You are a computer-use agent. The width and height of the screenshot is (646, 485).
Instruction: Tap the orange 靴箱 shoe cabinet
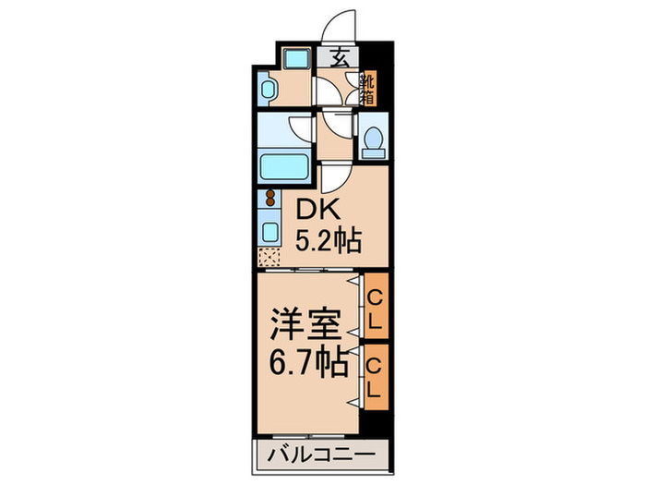366,88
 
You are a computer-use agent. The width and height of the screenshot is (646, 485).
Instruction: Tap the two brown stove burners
270,200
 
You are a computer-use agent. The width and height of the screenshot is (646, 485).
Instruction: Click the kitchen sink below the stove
272,230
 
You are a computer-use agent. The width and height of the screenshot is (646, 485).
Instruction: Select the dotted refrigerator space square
270,256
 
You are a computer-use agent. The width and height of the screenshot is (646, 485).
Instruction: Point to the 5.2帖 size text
328,242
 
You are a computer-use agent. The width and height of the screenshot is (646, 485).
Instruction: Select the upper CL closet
375,308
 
